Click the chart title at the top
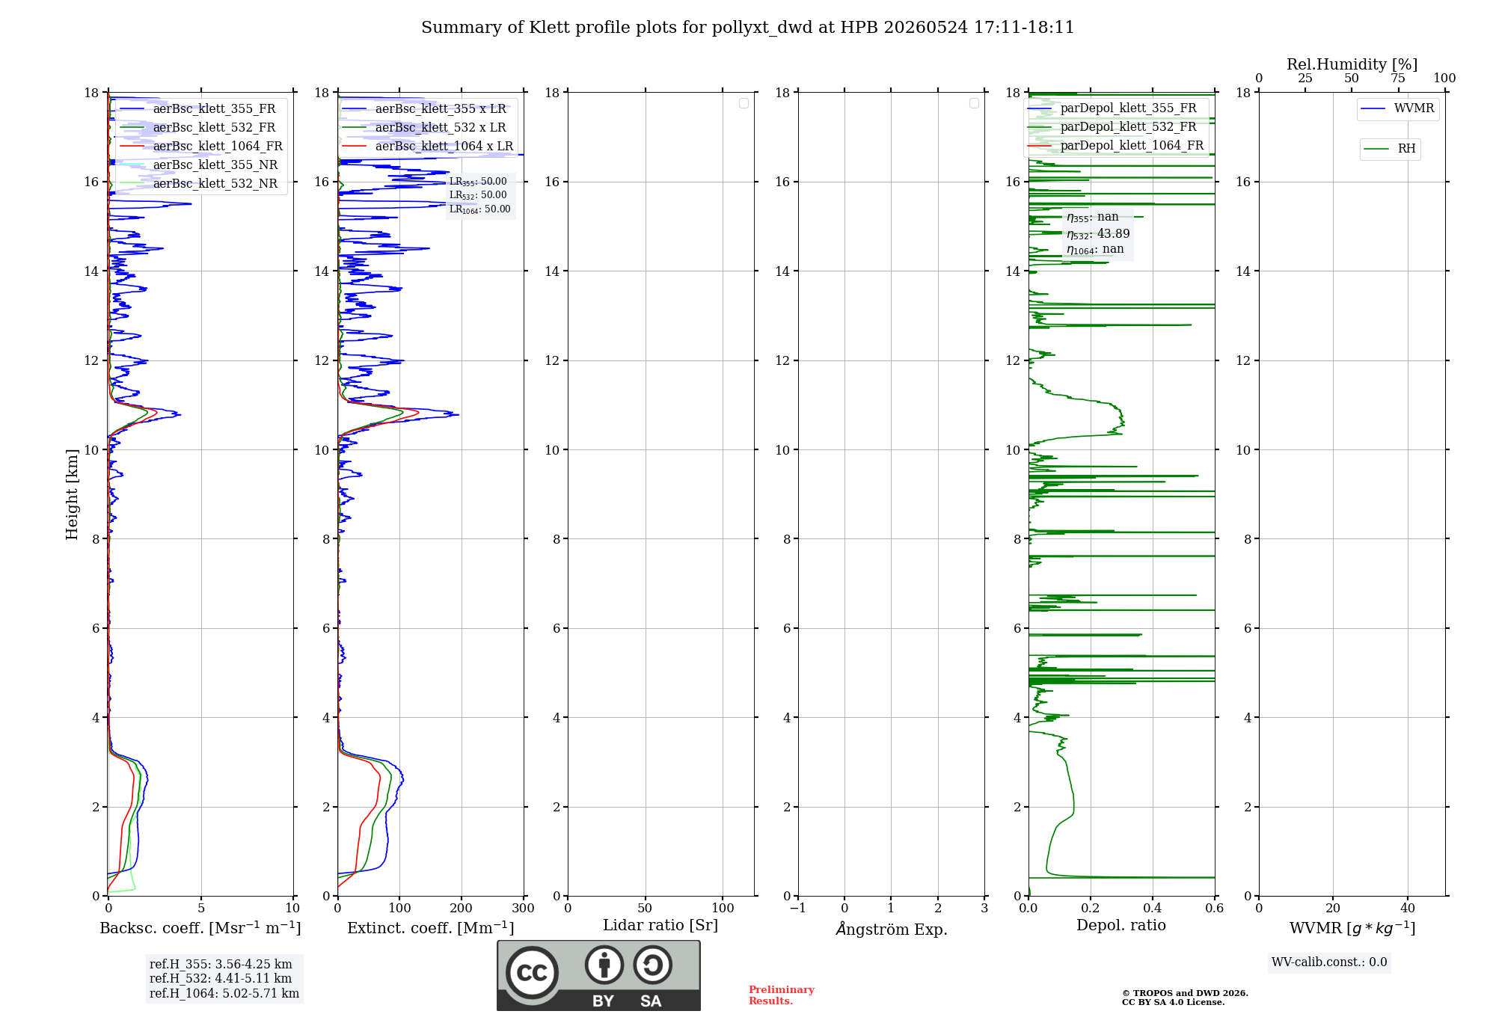[x=747, y=28]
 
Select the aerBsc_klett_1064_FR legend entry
[x=201, y=146]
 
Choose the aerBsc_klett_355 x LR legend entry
[x=424, y=108]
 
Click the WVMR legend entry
[x=1397, y=108]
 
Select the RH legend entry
[x=1390, y=149]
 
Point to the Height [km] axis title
[x=72, y=494]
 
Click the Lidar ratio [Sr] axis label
[x=660, y=925]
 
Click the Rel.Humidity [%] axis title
[x=1352, y=64]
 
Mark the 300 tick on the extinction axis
[x=524, y=908]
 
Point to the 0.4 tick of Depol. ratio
[x=1153, y=908]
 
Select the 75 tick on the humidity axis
[x=1398, y=78]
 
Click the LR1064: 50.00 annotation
[x=479, y=209]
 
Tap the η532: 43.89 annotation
[x=1098, y=234]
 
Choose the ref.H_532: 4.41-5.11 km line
[x=221, y=978]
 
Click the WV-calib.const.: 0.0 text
[x=1329, y=962]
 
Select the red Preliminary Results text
[x=782, y=995]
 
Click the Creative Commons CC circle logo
[x=532, y=972]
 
